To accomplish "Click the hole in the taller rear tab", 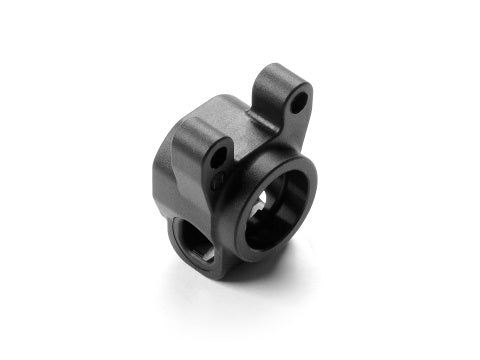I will click(x=298, y=102).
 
